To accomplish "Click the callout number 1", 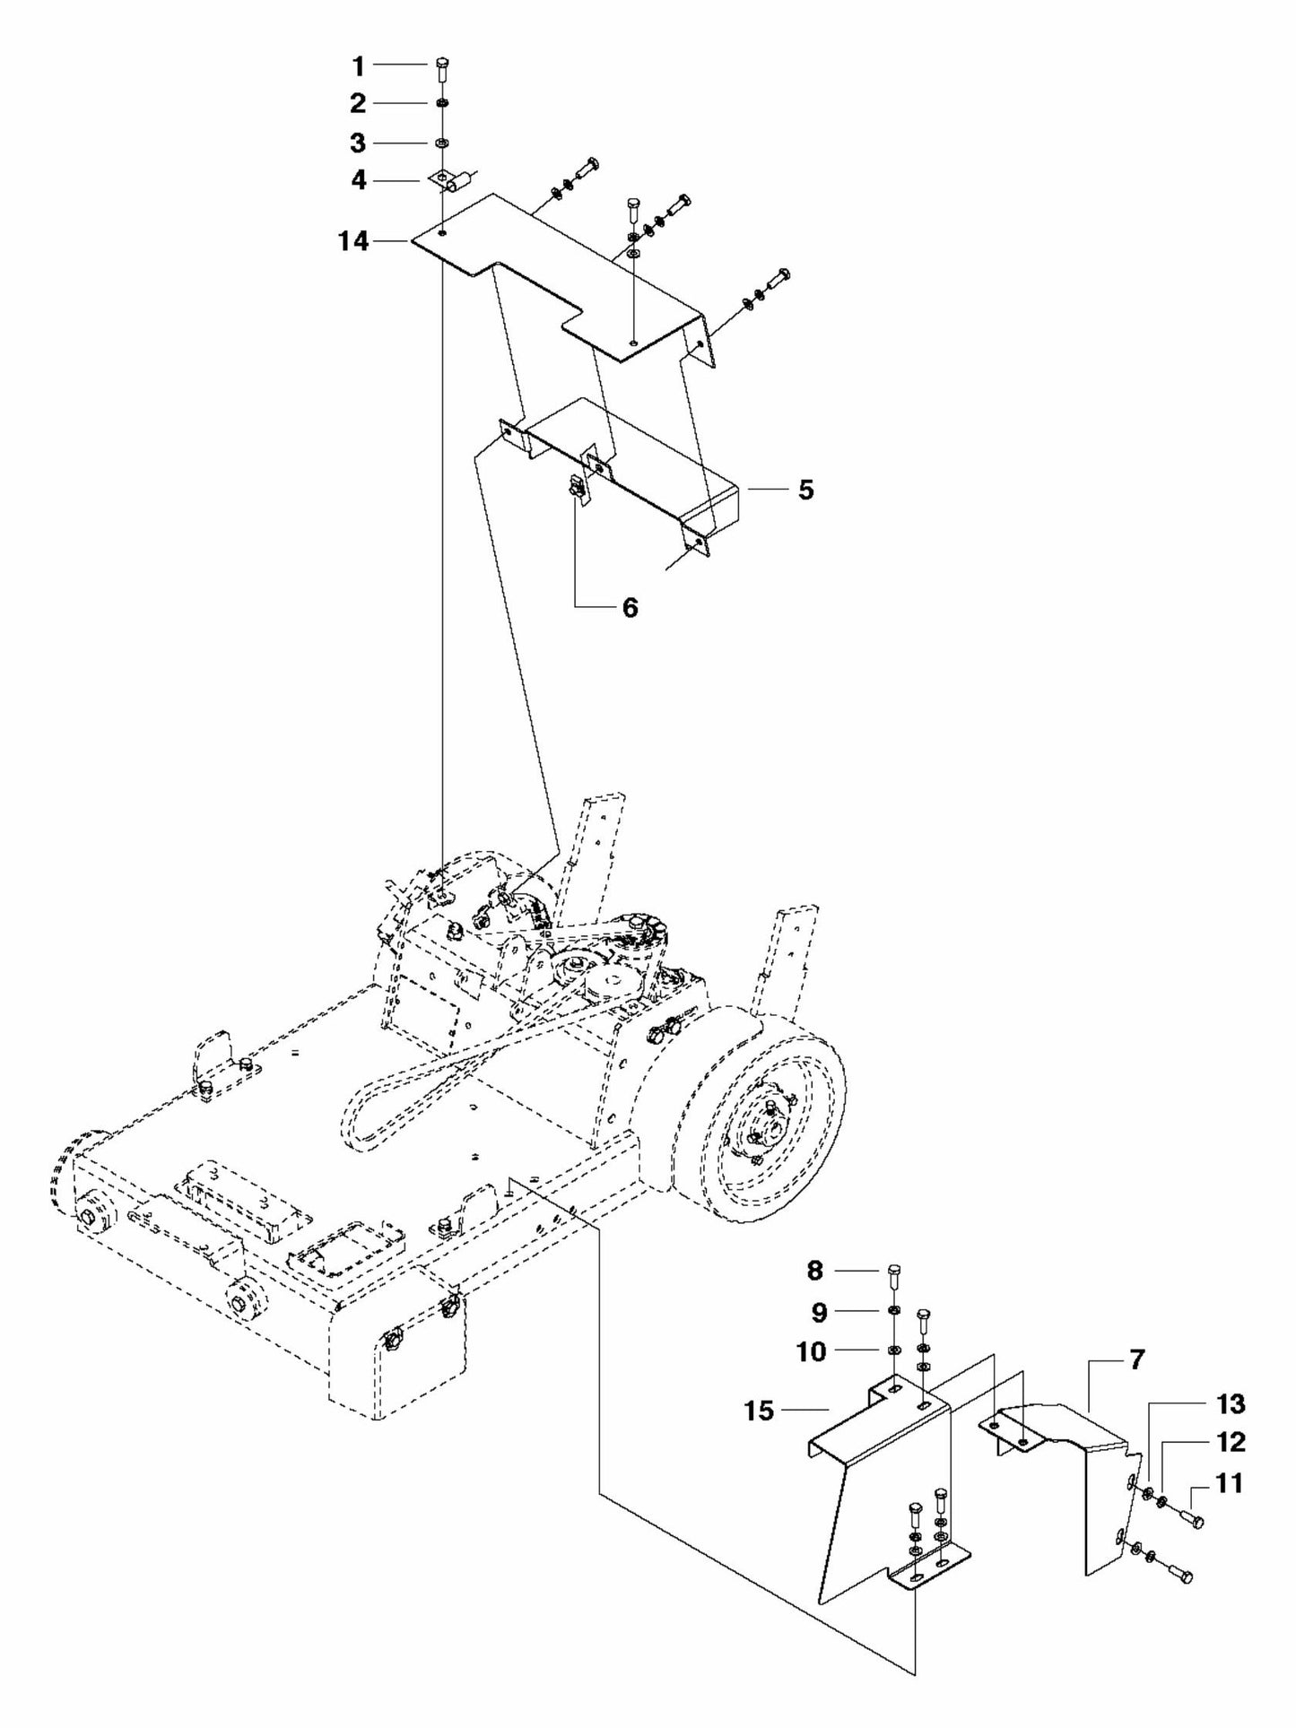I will click(358, 65).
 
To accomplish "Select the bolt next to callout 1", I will click(443, 69).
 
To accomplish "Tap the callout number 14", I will click(353, 241).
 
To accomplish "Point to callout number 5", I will click(805, 490).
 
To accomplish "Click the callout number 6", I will click(630, 608).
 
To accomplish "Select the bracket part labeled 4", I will click(448, 182).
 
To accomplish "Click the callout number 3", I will click(358, 143).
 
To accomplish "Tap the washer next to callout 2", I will click(443, 105).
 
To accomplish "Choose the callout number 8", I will click(814, 1270).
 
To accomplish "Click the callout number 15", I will click(759, 1411).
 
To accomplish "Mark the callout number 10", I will click(811, 1351).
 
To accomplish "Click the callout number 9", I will click(819, 1312).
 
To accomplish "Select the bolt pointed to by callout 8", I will click(893, 1273).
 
